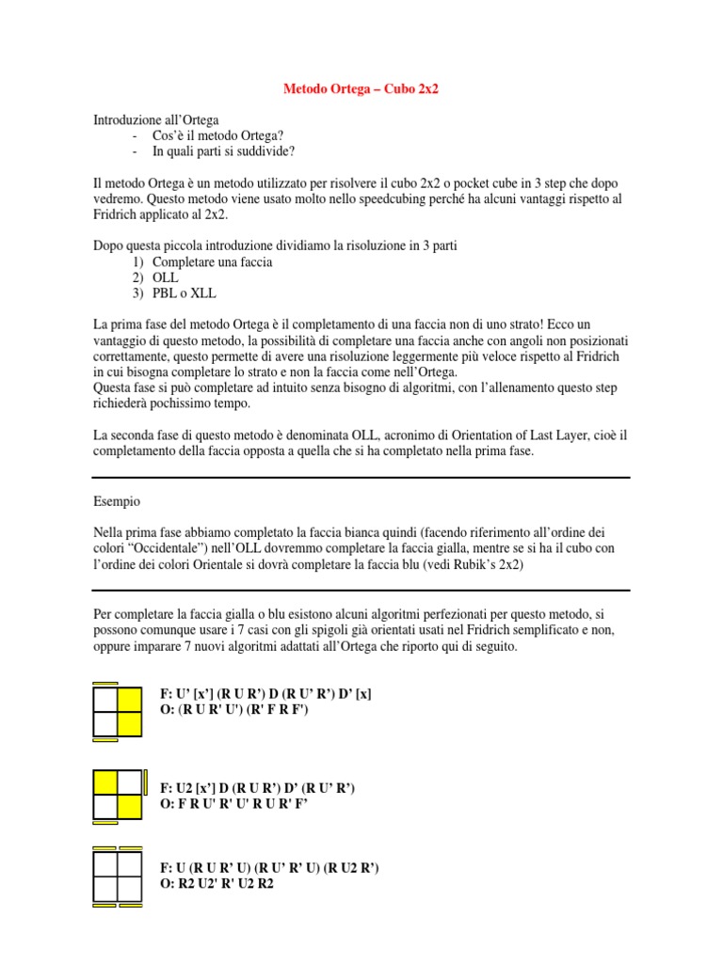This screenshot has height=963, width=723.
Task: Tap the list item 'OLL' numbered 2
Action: (166, 277)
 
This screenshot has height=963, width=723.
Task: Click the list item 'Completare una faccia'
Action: (212, 261)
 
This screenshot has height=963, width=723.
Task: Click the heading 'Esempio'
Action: (118, 501)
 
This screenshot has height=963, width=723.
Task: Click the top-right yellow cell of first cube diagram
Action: (129, 699)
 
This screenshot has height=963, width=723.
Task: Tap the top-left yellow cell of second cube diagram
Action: (105, 782)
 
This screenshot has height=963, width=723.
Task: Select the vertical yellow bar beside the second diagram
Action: (145, 782)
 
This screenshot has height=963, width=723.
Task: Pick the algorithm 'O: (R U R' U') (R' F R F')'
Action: (234, 710)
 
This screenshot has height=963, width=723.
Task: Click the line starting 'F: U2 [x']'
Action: (257, 787)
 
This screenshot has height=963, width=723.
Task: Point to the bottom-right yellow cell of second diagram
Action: (129, 806)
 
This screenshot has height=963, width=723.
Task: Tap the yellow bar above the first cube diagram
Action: (105, 683)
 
